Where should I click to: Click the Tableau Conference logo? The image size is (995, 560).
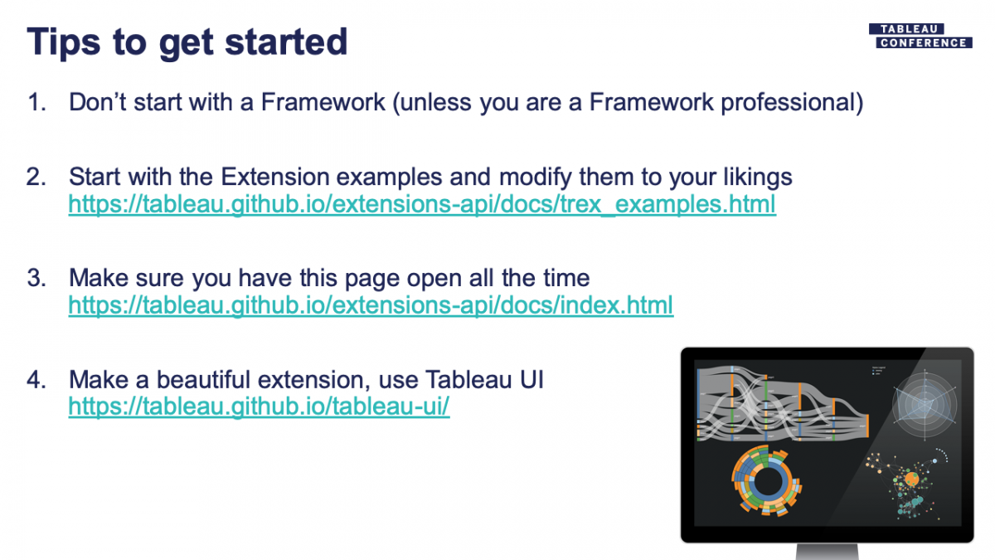point(920,36)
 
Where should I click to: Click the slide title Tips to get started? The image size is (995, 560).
point(187,41)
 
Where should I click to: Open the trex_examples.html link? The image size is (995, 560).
point(422,204)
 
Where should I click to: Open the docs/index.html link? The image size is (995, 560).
point(371,305)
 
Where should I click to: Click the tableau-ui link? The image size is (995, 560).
point(259,407)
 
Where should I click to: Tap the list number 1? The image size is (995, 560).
point(36,102)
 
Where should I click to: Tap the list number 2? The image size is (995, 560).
point(36,177)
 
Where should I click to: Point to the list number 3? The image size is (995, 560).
point(36,278)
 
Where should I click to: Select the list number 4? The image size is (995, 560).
point(36,380)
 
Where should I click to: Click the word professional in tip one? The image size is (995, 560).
point(792,102)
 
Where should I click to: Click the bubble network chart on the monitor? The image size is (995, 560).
point(908,482)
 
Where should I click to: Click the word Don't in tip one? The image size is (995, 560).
point(97,102)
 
